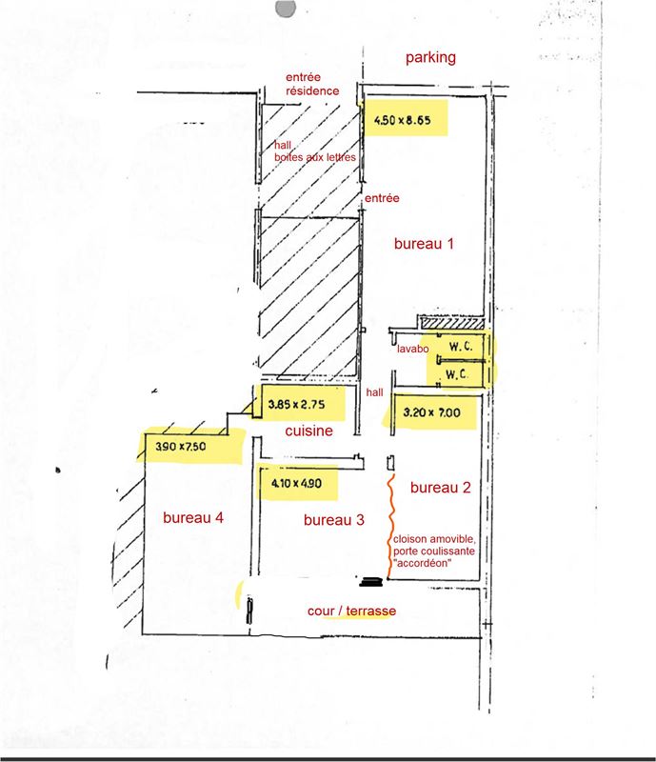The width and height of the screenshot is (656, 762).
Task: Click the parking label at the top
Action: pyautogui.click(x=430, y=58)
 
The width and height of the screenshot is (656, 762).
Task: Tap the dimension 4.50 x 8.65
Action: pyautogui.click(x=403, y=120)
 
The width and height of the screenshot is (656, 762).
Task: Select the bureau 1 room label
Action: pyautogui.click(x=424, y=244)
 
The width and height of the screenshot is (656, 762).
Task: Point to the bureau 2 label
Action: pyautogui.click(x=440, y=488)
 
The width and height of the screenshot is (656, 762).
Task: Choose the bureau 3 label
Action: pyautogui.click(x=334, y=520)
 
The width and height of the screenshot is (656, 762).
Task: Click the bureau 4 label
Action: pyautogui.click(x=193, y=517)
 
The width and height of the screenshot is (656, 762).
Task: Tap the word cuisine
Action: pyautogui.click(x=309, y=431)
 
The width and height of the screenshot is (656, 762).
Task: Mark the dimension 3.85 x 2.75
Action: pyautogui.click(x=296, y=404)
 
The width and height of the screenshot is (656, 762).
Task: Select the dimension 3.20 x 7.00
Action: pyautogui.click(x=431, y=412)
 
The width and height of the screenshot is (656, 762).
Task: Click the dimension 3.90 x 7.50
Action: pyautogui.click(x=180, y=446)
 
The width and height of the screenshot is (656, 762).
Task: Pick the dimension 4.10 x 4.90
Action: pyautogui.click(x=296, y=483)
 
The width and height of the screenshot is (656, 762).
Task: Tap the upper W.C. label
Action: pyautogui.click(x=460, y=347)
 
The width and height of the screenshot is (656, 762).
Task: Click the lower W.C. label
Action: pyautogui.click(x=457, y=374)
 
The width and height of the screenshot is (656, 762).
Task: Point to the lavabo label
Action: pyautogui.click(x=412, y=349)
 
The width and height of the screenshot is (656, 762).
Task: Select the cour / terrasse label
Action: pyautogui.click(x=352, y=611)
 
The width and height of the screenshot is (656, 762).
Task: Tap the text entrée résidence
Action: pyautogui.click(x=312, y=84)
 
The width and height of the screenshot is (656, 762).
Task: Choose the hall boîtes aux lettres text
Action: pyautogui.click(x=315, y=151)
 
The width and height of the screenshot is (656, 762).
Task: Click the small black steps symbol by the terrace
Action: pyautogui.click(x=371, y=582)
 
